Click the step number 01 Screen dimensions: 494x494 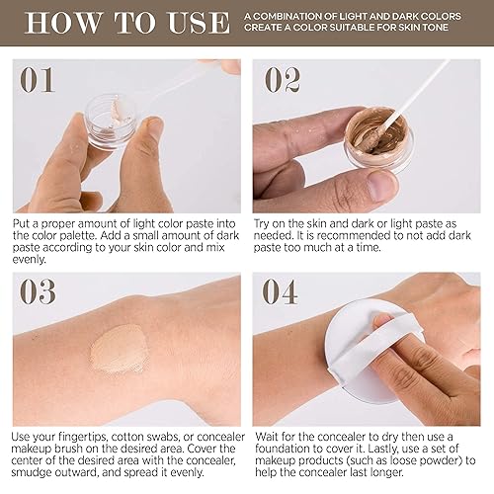pyautogui.click(x=39, y=80)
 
